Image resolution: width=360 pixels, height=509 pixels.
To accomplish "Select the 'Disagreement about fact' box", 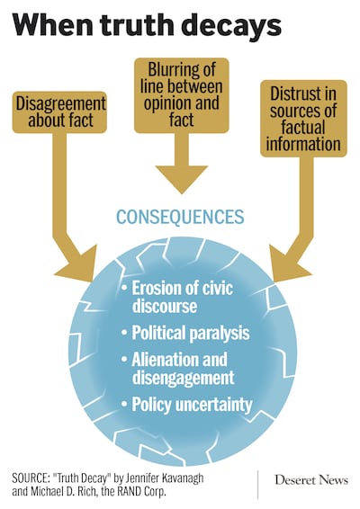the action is click(x=59, y=112).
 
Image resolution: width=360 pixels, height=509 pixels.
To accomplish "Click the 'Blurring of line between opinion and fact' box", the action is click(x=182, y=95).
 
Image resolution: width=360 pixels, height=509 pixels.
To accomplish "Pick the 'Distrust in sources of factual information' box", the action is click(x=303, y=119).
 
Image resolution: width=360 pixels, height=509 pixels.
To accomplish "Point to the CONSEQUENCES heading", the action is click(x=180, y=217).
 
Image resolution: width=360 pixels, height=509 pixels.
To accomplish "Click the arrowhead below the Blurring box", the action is click(x=182, y=180).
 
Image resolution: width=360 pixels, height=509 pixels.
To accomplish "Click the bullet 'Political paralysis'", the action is click(x=185, y=333).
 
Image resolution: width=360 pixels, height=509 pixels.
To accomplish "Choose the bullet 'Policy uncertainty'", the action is click(x=186, y=405).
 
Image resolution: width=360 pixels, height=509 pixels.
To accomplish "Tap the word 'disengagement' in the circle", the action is click(x=184, y=378).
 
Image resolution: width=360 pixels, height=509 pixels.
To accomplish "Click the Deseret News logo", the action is click(x=311, y=480).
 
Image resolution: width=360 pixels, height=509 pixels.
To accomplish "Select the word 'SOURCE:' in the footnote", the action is click(x=31, y=478).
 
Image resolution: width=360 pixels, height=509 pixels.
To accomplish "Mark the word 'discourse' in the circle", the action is click(x=165, y=306).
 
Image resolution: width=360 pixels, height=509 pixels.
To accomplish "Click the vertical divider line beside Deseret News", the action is click(x=257, y=485).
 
